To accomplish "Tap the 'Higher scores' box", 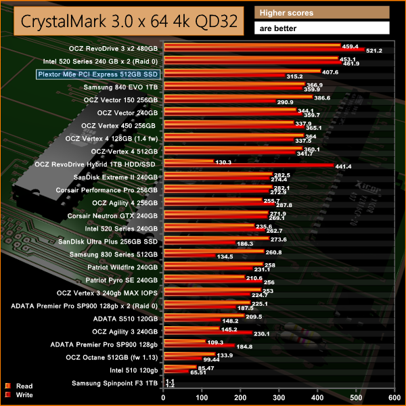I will tap(322, 13).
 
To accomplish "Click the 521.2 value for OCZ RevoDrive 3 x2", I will tap(374, 51).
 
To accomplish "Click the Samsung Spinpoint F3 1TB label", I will tap(114, 383).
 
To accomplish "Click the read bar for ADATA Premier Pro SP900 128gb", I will tap(183, 342).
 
